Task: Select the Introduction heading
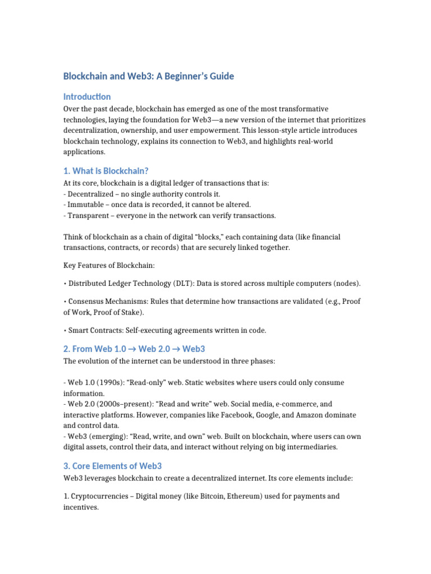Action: [87, 96]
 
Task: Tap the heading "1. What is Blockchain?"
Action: [106, 170]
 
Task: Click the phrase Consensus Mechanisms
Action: [104, 301]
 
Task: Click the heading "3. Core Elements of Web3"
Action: [113, 466]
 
